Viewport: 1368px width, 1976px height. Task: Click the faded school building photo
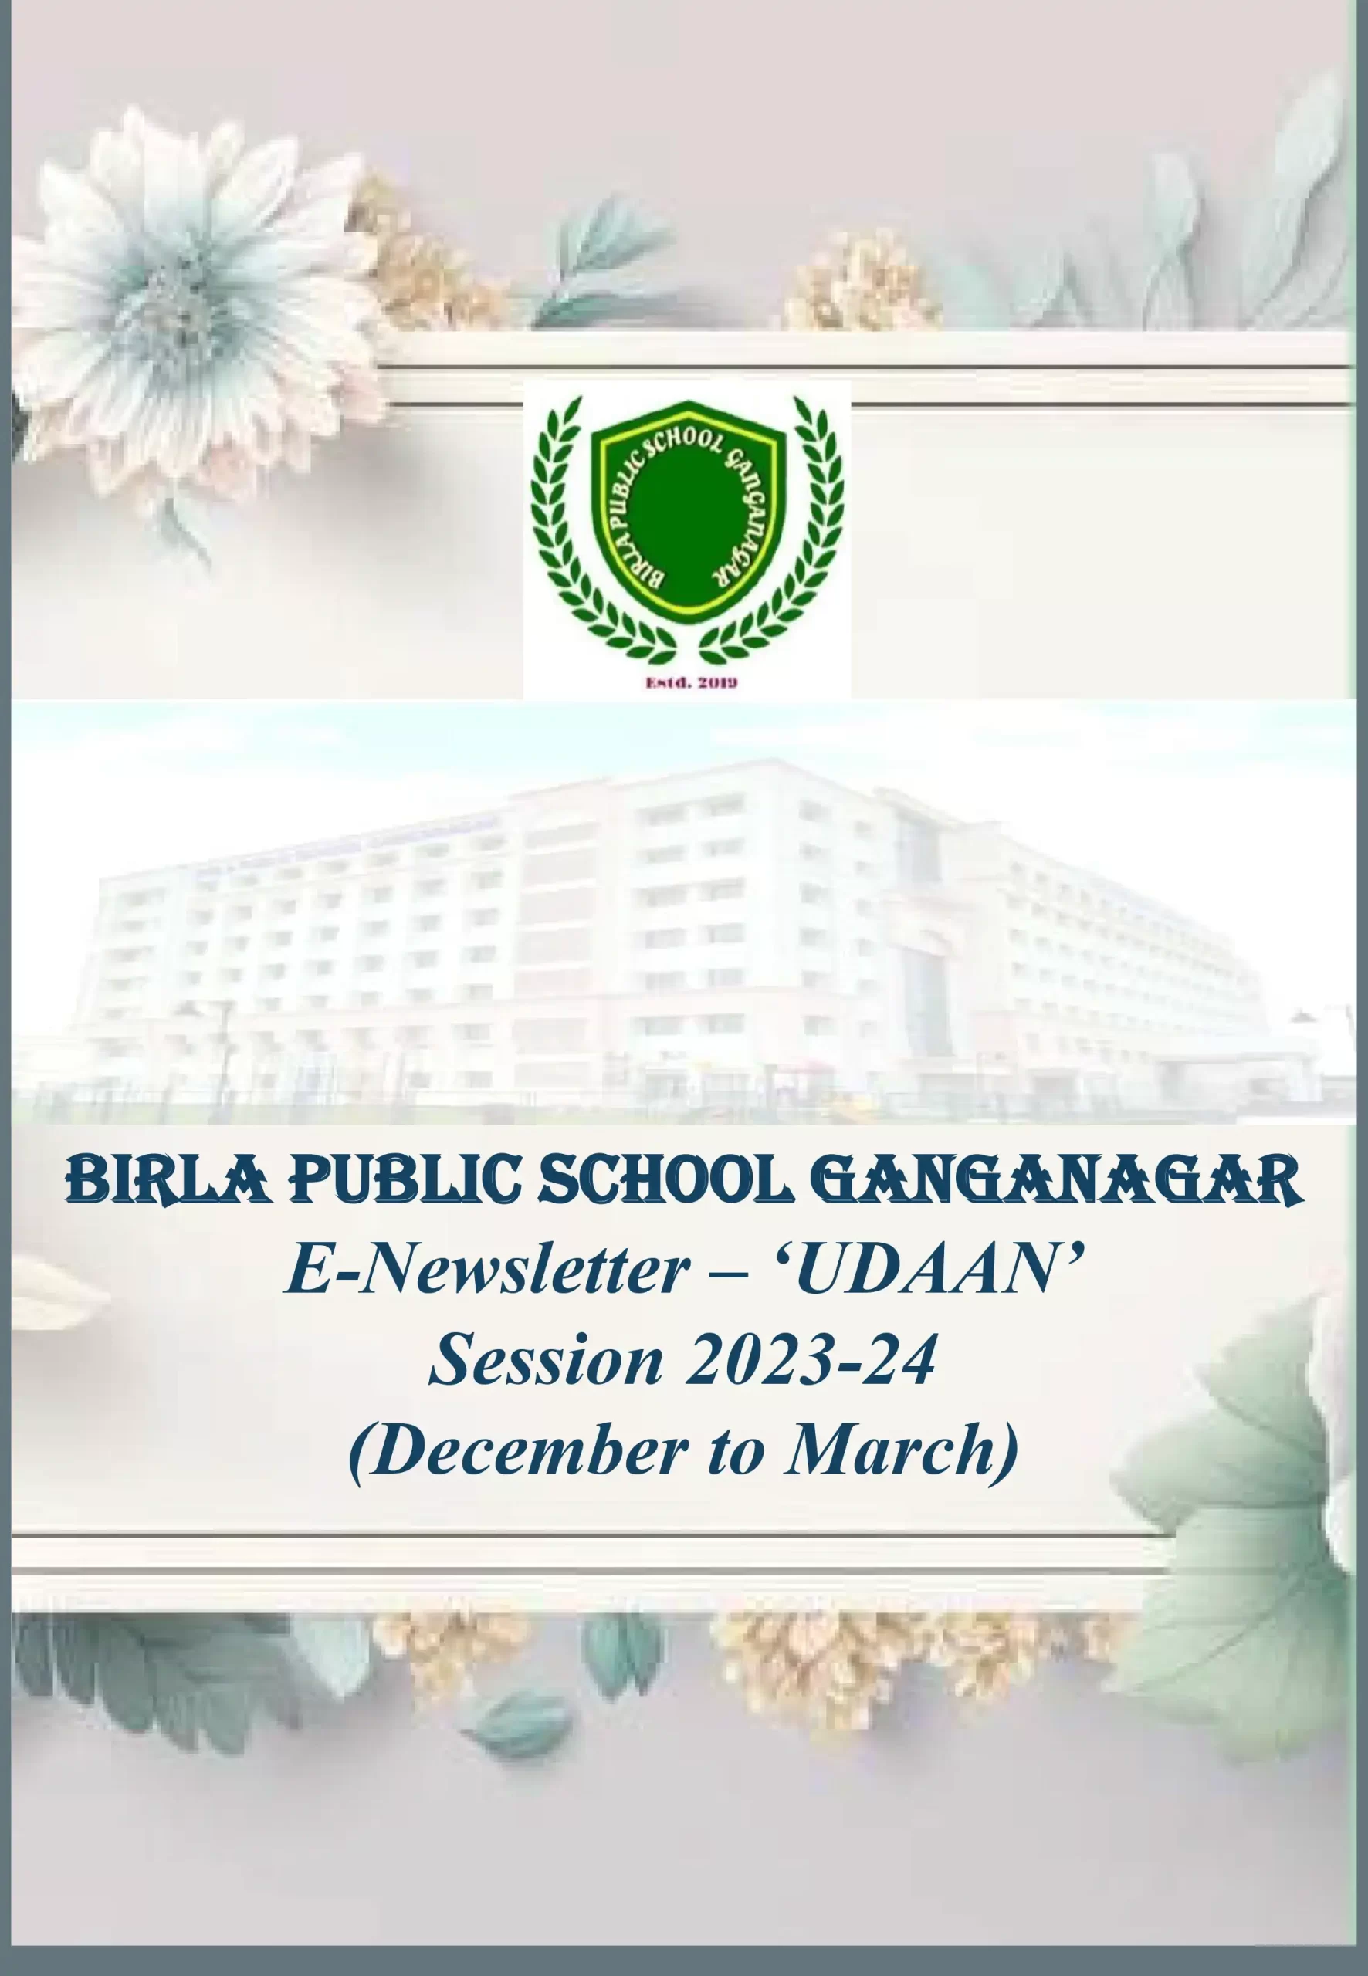[x=686, y=912]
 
